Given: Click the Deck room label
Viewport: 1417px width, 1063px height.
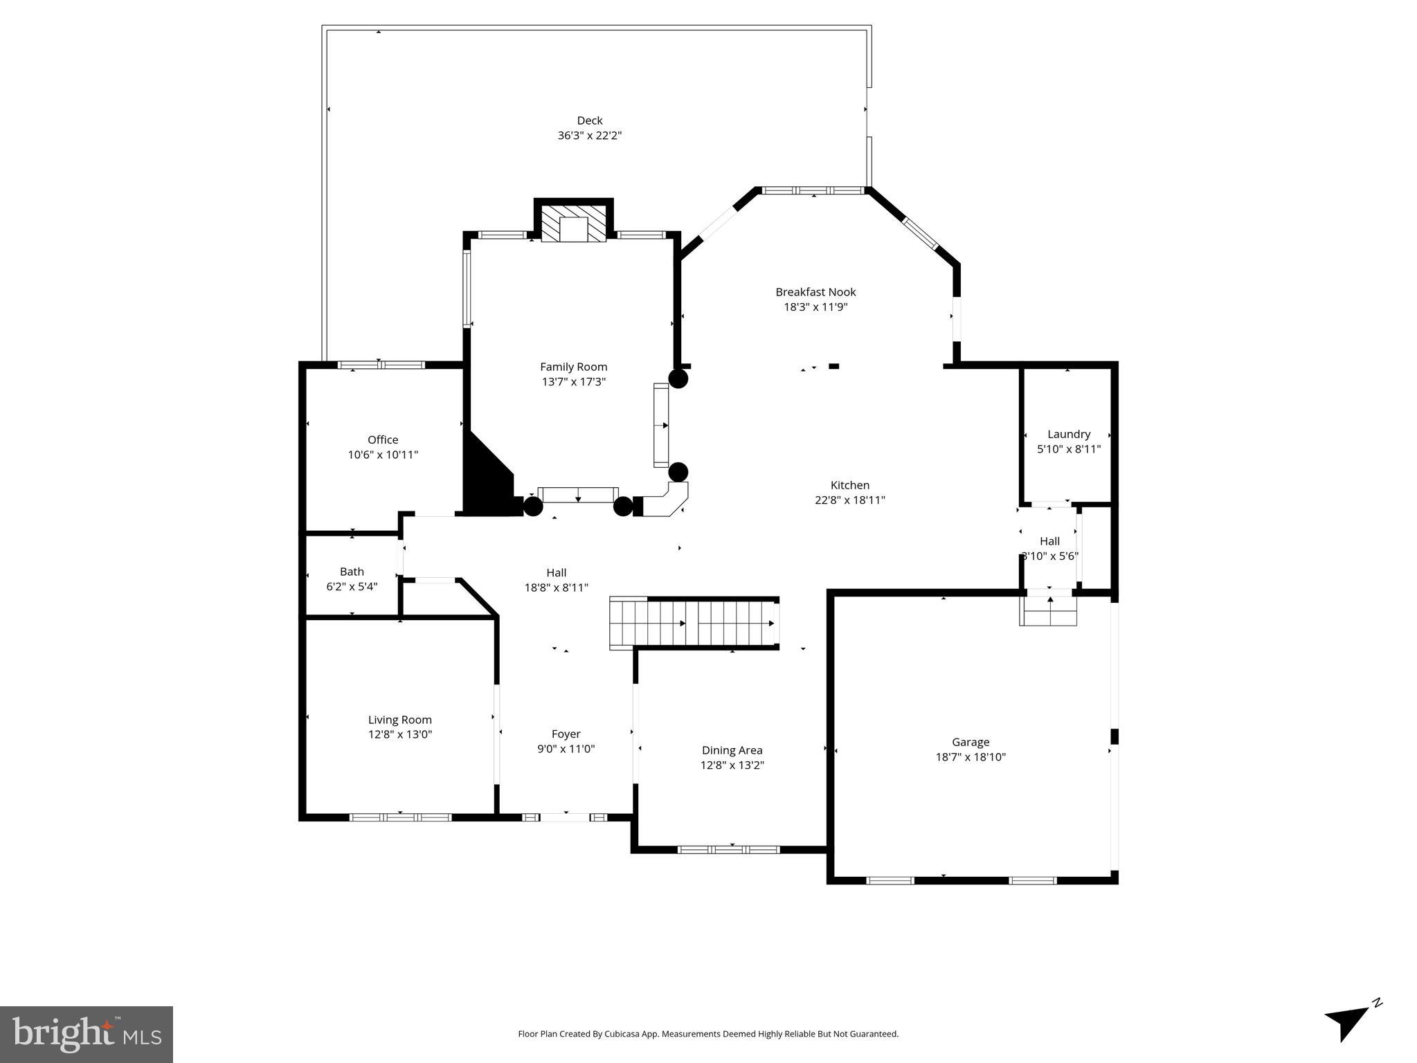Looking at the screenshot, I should (x=589, y=120).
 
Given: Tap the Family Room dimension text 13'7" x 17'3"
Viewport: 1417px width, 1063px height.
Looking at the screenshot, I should (x=573, y=381).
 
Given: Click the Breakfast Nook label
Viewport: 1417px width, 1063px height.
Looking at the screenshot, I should (x=815, y=292).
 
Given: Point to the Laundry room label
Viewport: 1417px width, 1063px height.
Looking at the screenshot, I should (x=1068, y=434).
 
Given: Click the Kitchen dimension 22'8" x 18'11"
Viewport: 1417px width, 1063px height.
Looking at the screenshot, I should (x=849, y=500).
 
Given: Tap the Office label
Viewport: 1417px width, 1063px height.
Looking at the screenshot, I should (x=383, y=439).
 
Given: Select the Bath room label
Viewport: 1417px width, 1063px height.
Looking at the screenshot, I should (x=352, y=572).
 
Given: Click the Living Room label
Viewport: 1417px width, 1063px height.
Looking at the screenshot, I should (x=399, y=720).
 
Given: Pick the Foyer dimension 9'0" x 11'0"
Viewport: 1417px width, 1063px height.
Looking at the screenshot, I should (x=566, y=749).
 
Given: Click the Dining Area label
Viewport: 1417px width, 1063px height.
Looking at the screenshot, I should (x=732, y=750).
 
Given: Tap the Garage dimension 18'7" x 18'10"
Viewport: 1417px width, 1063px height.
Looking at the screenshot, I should (x=970, y=757).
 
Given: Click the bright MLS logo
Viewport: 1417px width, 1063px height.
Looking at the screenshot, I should (x=87, y=1034).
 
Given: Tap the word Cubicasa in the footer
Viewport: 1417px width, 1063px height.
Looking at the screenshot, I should (x=621, y=1034).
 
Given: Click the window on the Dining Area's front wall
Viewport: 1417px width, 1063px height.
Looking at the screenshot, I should (x=728, y=849).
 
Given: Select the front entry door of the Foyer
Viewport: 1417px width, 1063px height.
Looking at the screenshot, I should (x=565, y=817).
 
